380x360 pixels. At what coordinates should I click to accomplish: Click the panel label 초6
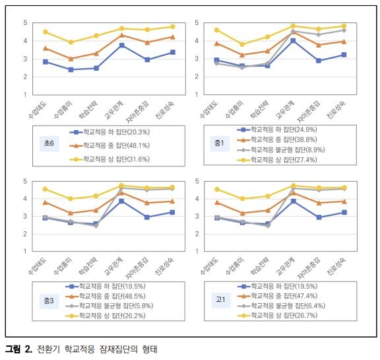pos(49,142)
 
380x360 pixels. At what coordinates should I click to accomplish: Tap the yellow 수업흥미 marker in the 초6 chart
pos(71,42)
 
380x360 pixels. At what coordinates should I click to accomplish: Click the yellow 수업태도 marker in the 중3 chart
pos(45,189)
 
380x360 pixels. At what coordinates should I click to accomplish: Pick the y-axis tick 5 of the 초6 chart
pos(26,23)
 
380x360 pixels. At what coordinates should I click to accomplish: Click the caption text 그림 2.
pos(18,348)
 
